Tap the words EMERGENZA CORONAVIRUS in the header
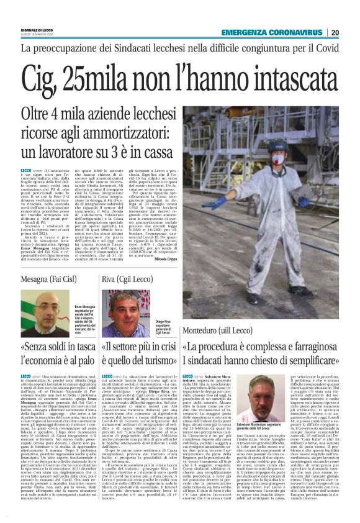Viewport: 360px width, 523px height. [274, 32]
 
